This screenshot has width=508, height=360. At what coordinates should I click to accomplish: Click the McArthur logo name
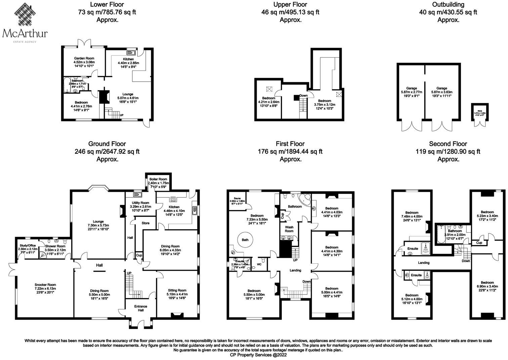pyautogui.click(x=25, y=34)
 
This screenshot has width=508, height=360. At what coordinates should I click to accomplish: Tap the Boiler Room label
pyautogui.click(x=158, y=179)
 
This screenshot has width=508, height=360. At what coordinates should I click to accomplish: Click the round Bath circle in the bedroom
pyautogui.click(x=245, y=240)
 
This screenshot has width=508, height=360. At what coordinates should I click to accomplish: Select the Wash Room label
pyautogui.click(x=289, y=229)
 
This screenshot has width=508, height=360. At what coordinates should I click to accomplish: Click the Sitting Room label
pyautogui.click(x=177, y=290)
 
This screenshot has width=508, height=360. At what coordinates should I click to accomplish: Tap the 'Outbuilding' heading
pyautogui.click(x=448, y=5)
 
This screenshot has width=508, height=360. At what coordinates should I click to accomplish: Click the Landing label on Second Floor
pyautogui.click(x=424, y=263)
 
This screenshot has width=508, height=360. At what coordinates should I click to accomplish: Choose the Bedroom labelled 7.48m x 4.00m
pyautogui.click(x=412, y=215)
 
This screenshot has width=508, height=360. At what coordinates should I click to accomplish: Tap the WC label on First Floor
pyautogui.click(x=259, y=264)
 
